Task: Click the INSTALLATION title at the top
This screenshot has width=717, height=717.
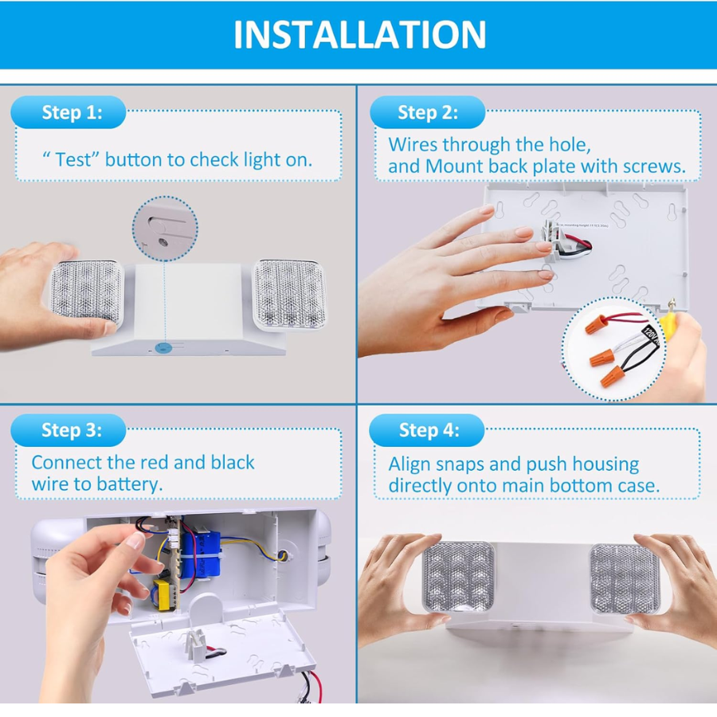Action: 359,34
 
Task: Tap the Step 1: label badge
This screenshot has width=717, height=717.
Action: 71,112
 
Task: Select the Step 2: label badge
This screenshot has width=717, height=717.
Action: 428,112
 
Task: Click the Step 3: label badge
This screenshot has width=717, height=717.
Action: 71,430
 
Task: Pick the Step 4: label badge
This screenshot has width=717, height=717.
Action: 428,430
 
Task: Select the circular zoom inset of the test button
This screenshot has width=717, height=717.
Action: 165,230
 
